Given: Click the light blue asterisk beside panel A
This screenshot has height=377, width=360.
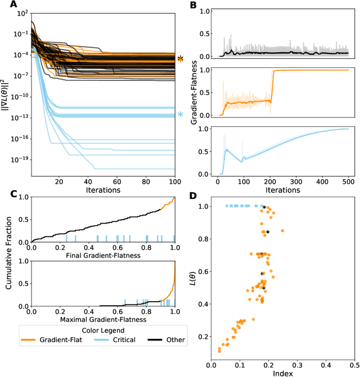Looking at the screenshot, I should point(180,115).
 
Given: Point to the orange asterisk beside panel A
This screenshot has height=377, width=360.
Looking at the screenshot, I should point(180,59).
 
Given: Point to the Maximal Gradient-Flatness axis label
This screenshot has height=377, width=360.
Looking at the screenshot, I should point(103,320).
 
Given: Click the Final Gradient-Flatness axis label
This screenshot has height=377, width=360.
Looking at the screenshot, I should point(103,255).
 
